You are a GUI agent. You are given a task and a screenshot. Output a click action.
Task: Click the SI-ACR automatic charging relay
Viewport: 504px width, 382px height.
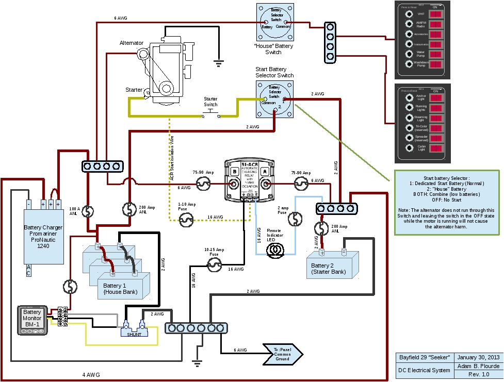click(250, 180)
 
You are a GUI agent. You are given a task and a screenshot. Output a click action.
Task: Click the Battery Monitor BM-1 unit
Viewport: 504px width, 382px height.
click(32, 320)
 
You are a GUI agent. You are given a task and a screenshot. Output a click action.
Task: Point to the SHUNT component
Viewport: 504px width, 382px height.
click(134, 330)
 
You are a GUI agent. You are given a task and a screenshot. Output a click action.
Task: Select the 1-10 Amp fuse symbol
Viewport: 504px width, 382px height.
click(186, 221)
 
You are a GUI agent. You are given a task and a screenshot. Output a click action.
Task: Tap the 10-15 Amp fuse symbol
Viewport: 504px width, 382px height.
click(214, 265)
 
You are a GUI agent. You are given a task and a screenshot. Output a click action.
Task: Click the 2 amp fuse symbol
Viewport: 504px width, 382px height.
click(296, 219)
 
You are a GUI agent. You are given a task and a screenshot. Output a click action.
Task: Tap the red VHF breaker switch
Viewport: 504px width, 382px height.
click(436, 14)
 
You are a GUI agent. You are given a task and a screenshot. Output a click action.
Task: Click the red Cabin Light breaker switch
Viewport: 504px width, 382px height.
click(436, 149)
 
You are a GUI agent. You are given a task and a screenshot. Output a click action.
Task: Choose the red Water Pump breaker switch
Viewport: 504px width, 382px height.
click(436, 54)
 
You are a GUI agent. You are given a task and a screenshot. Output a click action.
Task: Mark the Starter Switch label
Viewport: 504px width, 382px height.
click(210, 102)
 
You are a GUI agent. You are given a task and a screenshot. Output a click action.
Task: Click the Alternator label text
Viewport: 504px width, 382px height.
click(131, 43)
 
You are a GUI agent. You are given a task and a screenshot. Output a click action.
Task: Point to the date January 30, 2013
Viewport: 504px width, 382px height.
click(478, 357)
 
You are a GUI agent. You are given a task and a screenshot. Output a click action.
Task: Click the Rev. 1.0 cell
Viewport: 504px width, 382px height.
click(478, 375)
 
